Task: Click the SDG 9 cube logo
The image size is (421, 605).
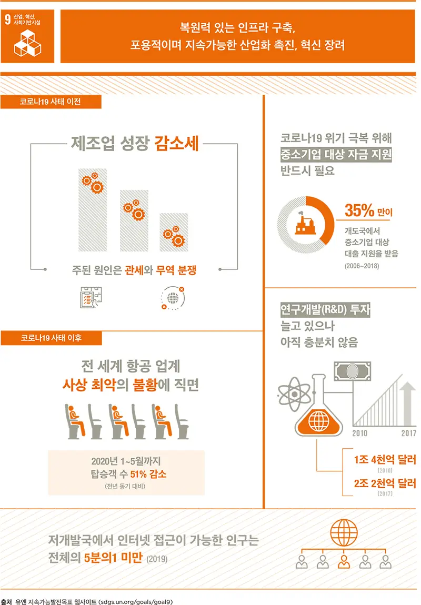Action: click(x=27, y=44)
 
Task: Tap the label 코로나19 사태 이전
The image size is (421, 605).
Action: click(x=50, y=102)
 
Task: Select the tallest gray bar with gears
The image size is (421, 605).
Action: click(x=93, y=210)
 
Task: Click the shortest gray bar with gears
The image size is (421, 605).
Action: click(x=174, y=233)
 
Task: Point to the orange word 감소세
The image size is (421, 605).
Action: click(x=177, y=144)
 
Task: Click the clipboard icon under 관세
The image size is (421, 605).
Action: click(x=91, y=297)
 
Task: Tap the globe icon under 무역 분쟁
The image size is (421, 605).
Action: click(x=173, y=298)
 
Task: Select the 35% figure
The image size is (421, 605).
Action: click(x=359, y=210)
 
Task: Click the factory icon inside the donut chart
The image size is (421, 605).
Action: click(x=305, y=224)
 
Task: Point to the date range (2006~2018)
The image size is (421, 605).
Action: click(x=362, y=266)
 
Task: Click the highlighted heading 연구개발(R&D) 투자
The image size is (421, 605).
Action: click(x=325, y=309)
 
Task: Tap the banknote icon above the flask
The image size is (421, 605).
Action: click(x=352, y=371)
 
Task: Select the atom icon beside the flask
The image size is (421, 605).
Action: click(x=294, y=394)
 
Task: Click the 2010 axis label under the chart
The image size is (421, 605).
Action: click(x=359, y=433)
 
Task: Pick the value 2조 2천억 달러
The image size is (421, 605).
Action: click(x=385, y=483)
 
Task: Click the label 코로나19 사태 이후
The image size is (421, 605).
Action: click(x=51, y=338)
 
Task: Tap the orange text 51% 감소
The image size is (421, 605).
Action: click(x=148, y=474)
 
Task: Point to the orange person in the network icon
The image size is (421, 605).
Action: click(x=344, y=562)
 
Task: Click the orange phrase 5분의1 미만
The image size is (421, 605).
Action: click(x=114, y=558)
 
